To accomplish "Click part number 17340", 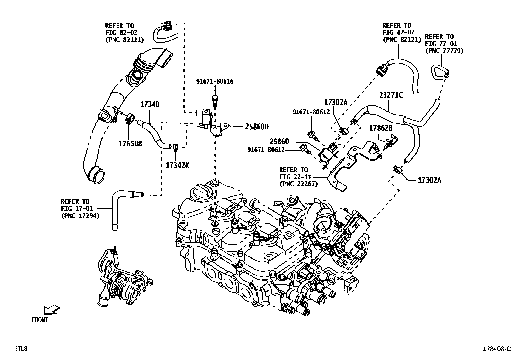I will (x=150, y=104).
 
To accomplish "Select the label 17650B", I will (x=130, y=143).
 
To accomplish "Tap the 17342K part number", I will (x=177, y=165).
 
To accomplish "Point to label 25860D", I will (x=257, y=127).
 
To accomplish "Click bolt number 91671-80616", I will (x=215, y=81).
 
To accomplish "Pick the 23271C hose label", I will (x=391, y=95).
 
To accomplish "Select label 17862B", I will (x=381, y=128).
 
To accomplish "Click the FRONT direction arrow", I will (x=51, y=310).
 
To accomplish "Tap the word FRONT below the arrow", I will (x=40, y=320).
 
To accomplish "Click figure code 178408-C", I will (x=496, y=349).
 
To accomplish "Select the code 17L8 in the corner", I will (x=21, y=349).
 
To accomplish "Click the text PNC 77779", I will (x=444, y=50).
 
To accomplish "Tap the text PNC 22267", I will (x=299, y=184).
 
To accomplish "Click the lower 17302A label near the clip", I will (x=429, y=180).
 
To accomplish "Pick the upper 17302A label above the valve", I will (x=335, y=102).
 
